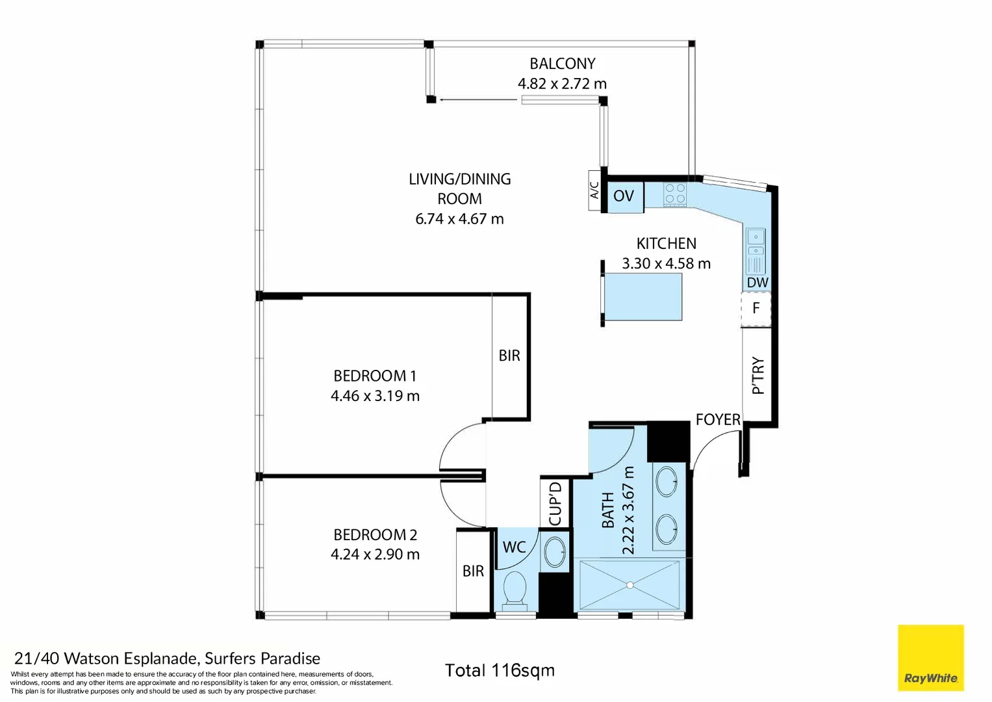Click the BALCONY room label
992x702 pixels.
point(563,64)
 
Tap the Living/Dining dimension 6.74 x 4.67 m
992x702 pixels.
point(460,219)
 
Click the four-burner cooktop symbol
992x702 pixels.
point(675,194)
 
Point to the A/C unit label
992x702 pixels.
point(594,190)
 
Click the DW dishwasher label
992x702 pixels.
point(757,283)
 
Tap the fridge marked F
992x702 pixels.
point(756,308)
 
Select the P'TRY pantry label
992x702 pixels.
point(758,376)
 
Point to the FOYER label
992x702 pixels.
point(718,420)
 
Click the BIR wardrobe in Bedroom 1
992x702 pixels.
point(509,356)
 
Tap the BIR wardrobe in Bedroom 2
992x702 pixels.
point(473,572)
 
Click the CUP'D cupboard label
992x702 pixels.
point(555,504)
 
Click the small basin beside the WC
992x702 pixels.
point(554,552)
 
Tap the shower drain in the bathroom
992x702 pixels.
point(630,586)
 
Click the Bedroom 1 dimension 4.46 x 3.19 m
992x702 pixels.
point(375,396)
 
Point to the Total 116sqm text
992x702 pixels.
point(500,671)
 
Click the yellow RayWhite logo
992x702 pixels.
point(931,658)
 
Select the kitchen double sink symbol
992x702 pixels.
point(756,252)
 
